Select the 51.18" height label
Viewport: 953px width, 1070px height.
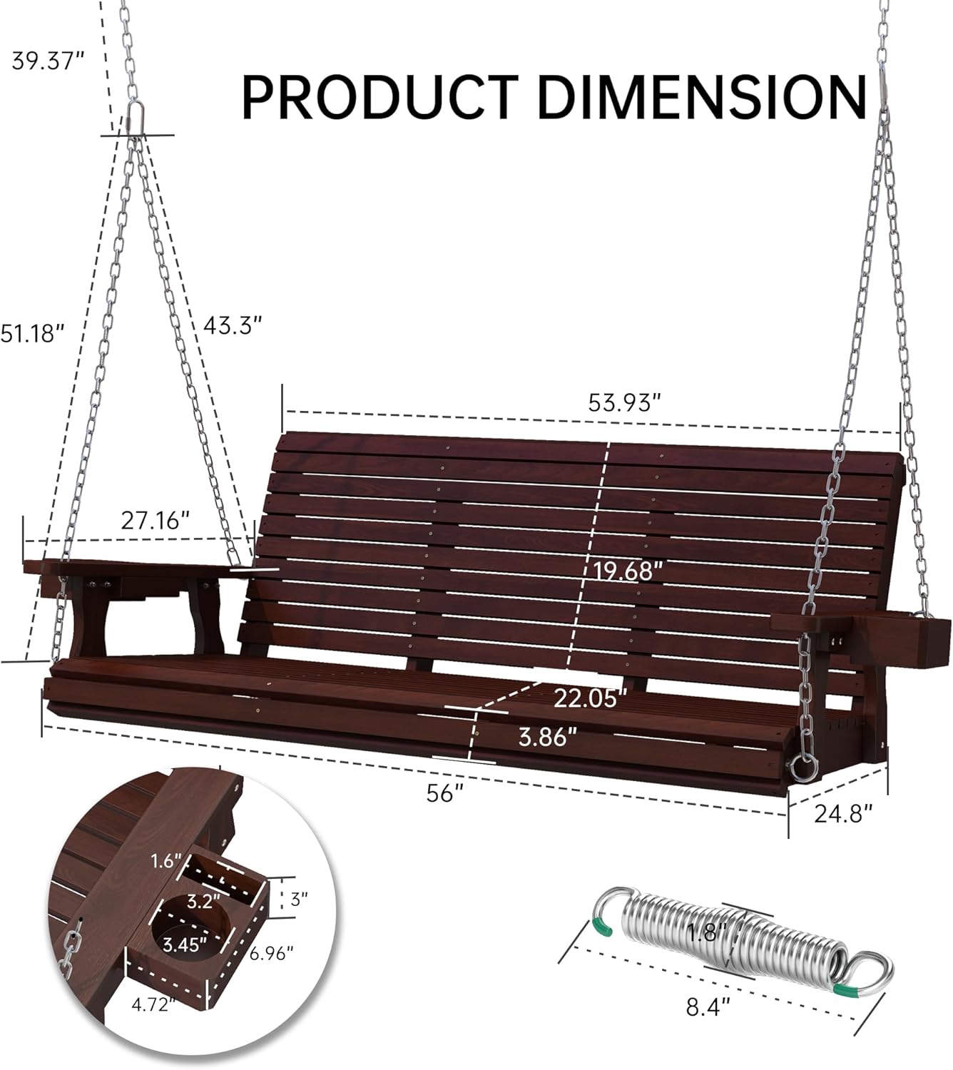[x=32, y=333]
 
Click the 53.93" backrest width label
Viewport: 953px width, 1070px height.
[x=621, y=403]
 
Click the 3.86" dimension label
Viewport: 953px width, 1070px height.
[x=547, y=737]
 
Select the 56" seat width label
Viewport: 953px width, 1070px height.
[x=444, y=793]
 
